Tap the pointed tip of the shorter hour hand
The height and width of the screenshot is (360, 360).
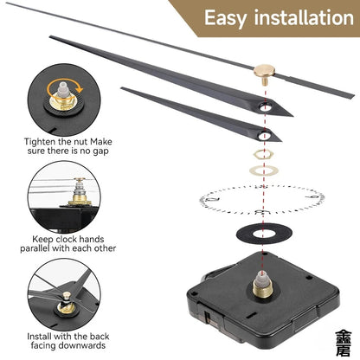123,90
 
